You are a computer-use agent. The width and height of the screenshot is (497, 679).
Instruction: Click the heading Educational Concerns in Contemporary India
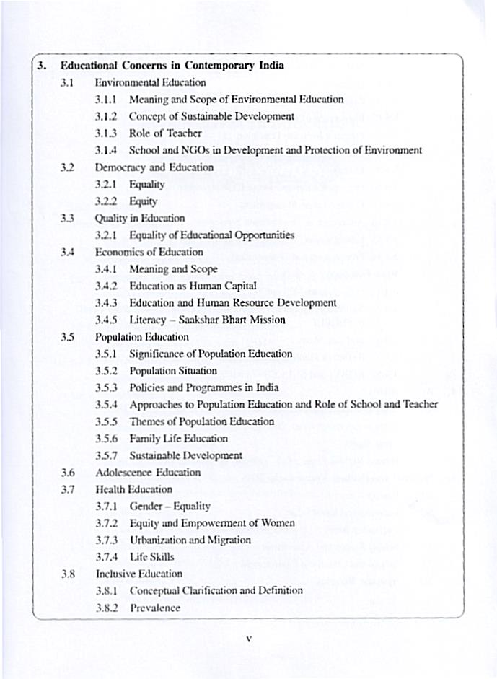click(x=172, y=66)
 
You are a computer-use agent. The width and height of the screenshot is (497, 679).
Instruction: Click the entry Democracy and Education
click(x=154, y=167)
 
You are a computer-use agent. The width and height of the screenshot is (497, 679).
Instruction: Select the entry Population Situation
click(x=173, y=371)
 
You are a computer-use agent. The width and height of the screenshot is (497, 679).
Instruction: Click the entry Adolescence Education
click(x=148, y=473)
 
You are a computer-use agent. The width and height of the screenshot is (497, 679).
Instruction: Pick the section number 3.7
click(x=69, y=489)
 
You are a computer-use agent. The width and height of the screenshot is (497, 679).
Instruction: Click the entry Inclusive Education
click(x=139, y=574)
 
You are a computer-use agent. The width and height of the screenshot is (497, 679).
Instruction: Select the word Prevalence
click(x=155, y=608)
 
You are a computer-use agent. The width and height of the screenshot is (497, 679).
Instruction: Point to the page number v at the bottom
click(x=247, y=639)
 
